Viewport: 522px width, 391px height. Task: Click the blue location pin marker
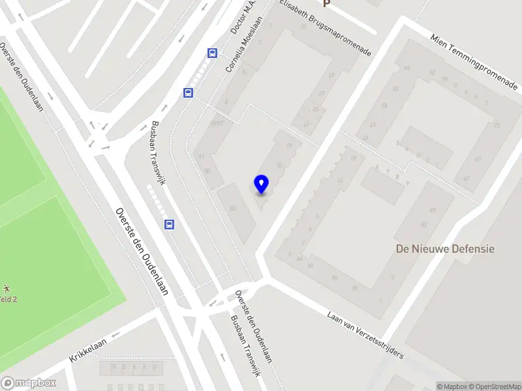(x=261, y=184)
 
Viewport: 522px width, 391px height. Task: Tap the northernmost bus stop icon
(x=212, y=53)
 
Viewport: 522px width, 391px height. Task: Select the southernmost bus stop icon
(x=170, y=225)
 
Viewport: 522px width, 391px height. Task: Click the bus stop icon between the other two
(x=188, y=93)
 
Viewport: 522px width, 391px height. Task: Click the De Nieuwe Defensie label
(x=445, y=248)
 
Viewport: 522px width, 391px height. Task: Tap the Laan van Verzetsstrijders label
(x=365, y=334)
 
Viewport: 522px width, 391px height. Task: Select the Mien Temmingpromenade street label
(x=473, y=63)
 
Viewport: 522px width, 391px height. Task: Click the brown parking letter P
(x=327, y=3)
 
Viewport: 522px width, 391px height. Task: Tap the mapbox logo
(x=29, y=383)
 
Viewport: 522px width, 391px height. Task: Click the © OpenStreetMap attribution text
(x=494, y=386)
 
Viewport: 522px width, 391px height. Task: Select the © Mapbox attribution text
(x=452, y=386)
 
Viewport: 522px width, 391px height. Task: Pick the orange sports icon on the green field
(x=6, y=288)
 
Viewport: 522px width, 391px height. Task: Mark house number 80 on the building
(x=232, y=208)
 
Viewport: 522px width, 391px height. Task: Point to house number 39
(x=289, y=145)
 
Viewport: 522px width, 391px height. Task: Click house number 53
(x=424, y=224)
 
